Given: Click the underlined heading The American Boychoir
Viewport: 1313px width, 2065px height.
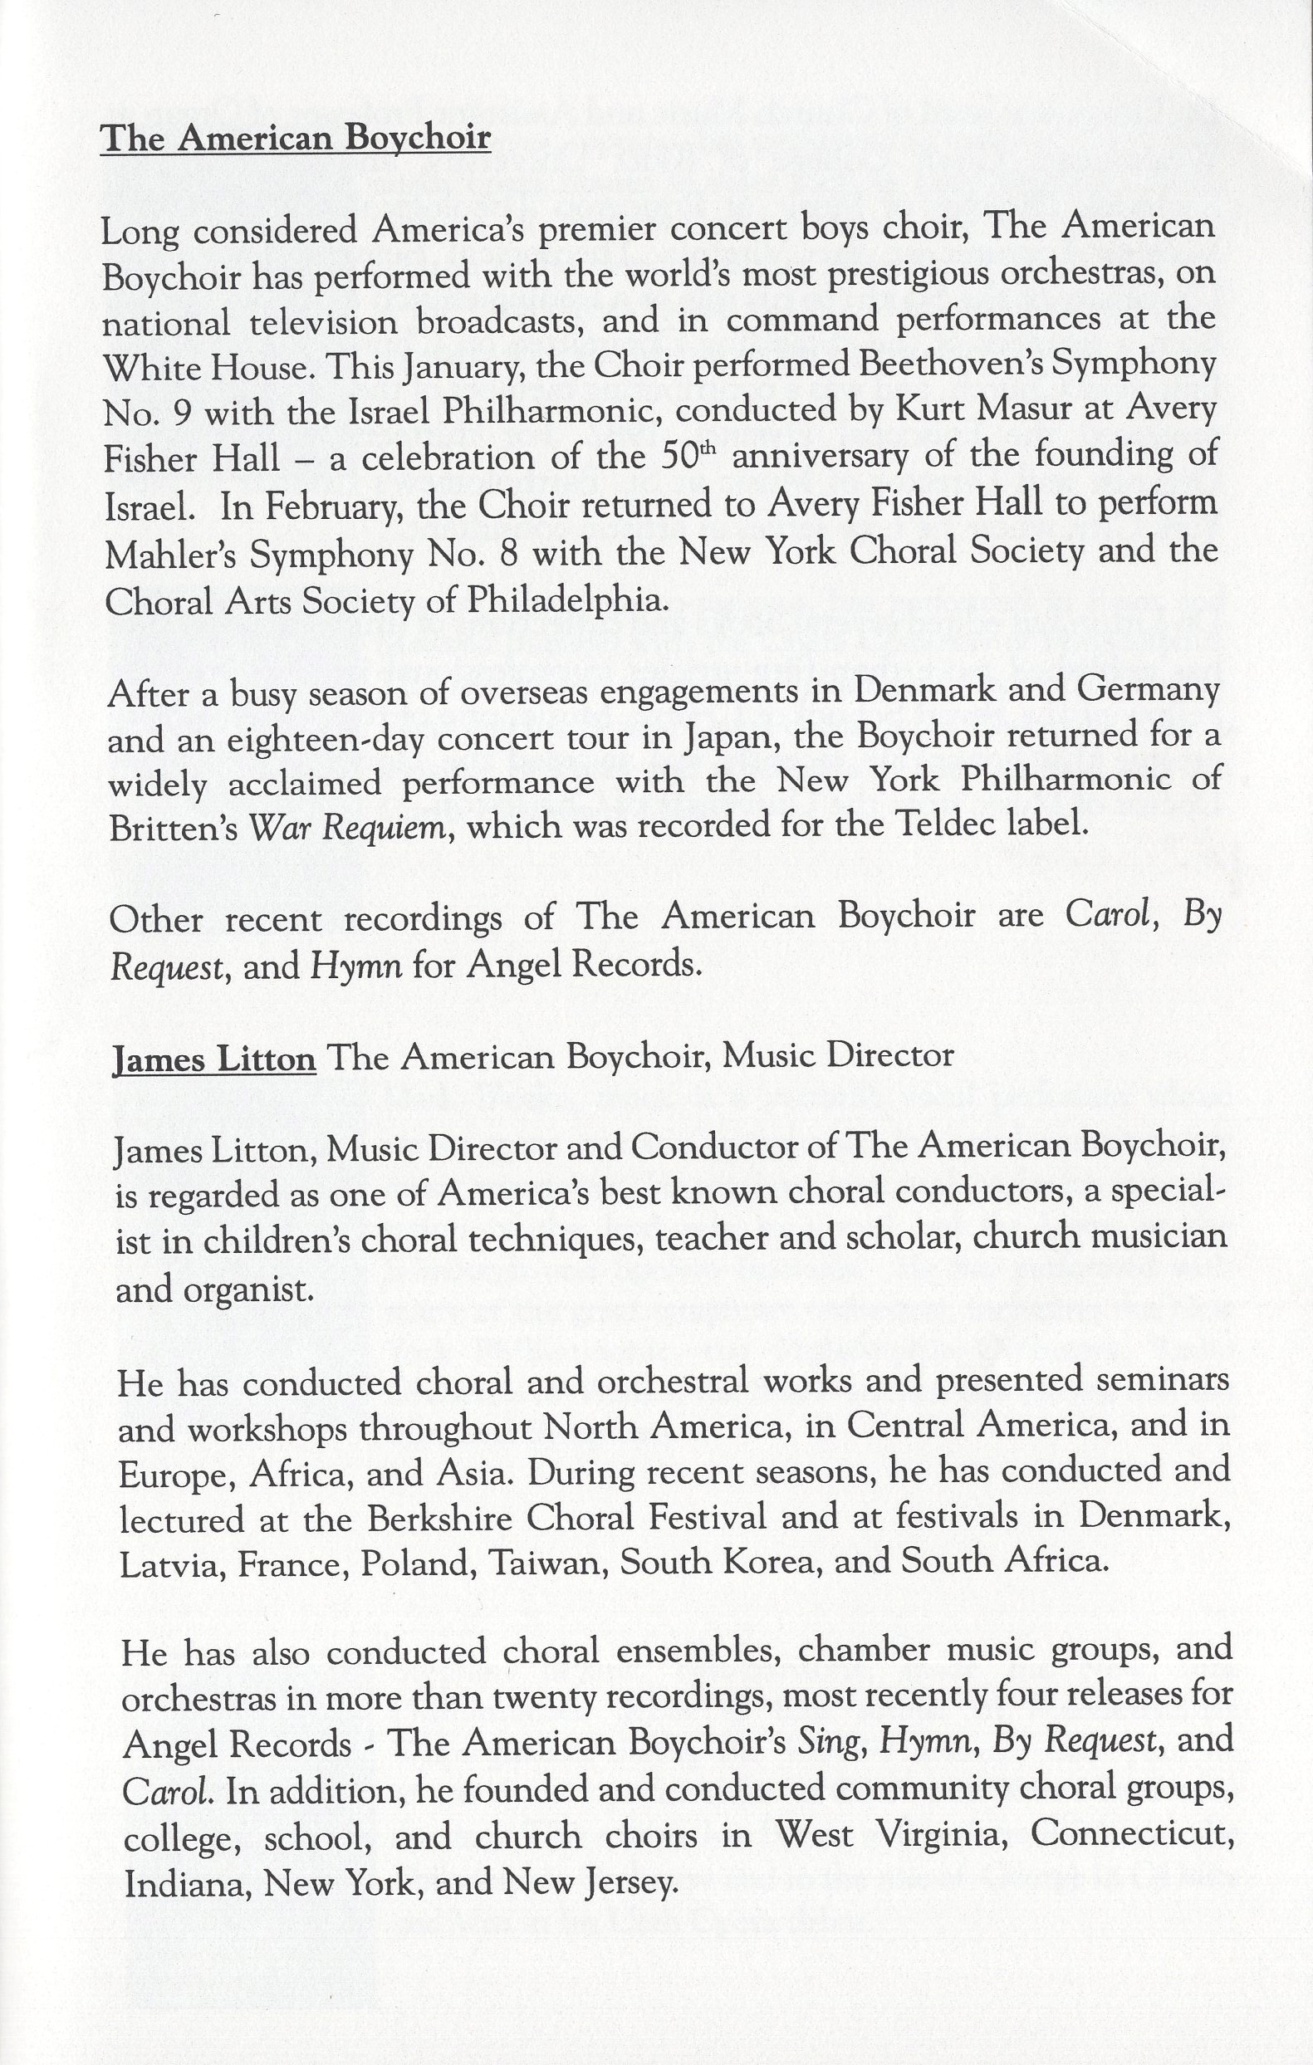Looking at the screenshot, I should (295, 137).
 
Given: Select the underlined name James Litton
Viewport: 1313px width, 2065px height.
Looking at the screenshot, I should (214, 1058).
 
